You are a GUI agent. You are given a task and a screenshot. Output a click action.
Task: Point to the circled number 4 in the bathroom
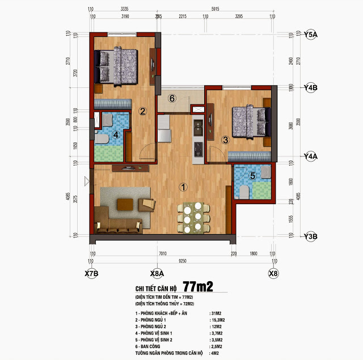coord(115,135)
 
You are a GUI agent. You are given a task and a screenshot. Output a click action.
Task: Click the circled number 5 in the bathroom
coord(253,176)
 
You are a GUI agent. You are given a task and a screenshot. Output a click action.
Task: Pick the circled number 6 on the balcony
coord(173,98)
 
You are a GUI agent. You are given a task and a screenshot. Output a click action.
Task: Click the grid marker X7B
coord(91,273)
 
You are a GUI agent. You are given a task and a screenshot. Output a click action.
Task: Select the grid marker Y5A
coord(310,35)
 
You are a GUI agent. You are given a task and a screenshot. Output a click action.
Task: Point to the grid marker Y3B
coord(310,236)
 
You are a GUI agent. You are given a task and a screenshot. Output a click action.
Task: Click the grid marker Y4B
coord(310,88)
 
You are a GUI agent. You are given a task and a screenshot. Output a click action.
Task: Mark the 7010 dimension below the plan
coord(162,255)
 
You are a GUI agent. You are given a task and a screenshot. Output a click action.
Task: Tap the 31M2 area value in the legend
coord(216,313)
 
